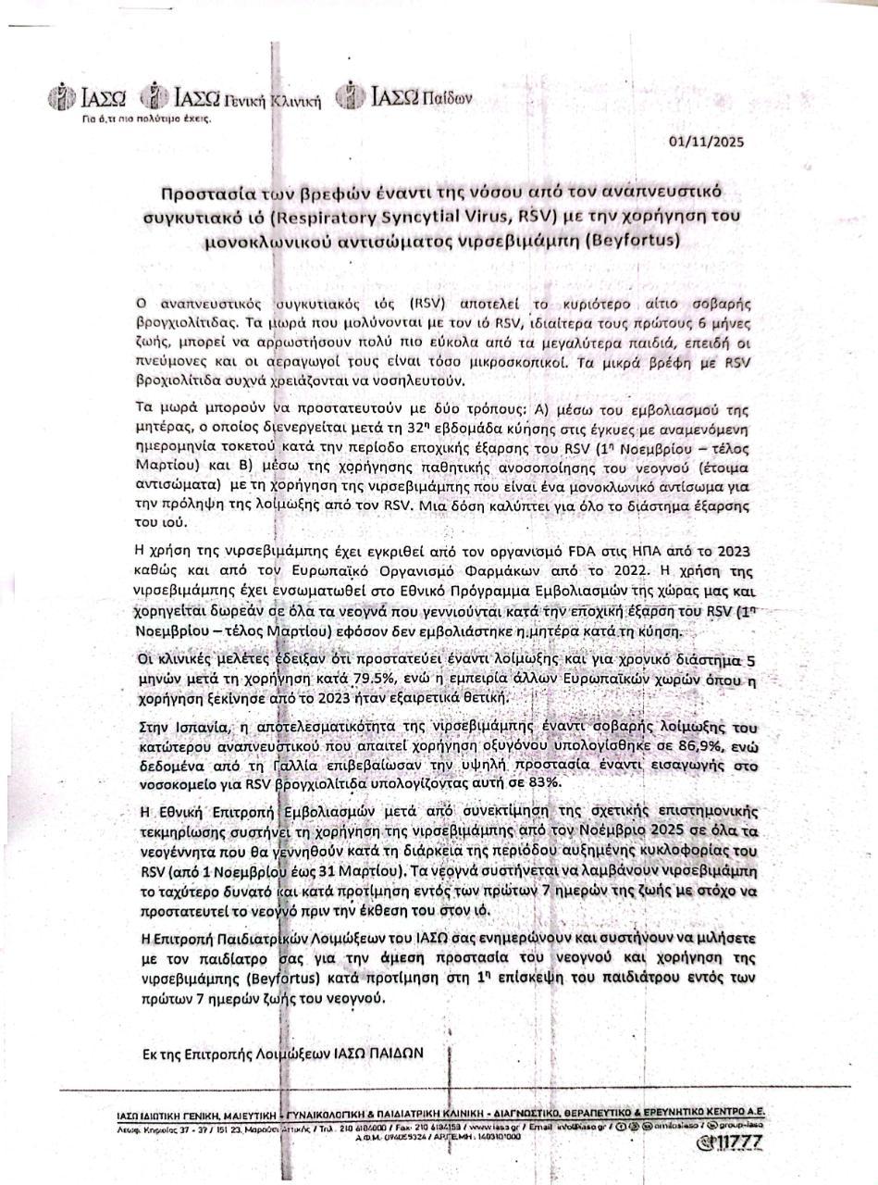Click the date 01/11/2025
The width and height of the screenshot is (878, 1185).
click(705, 142)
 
